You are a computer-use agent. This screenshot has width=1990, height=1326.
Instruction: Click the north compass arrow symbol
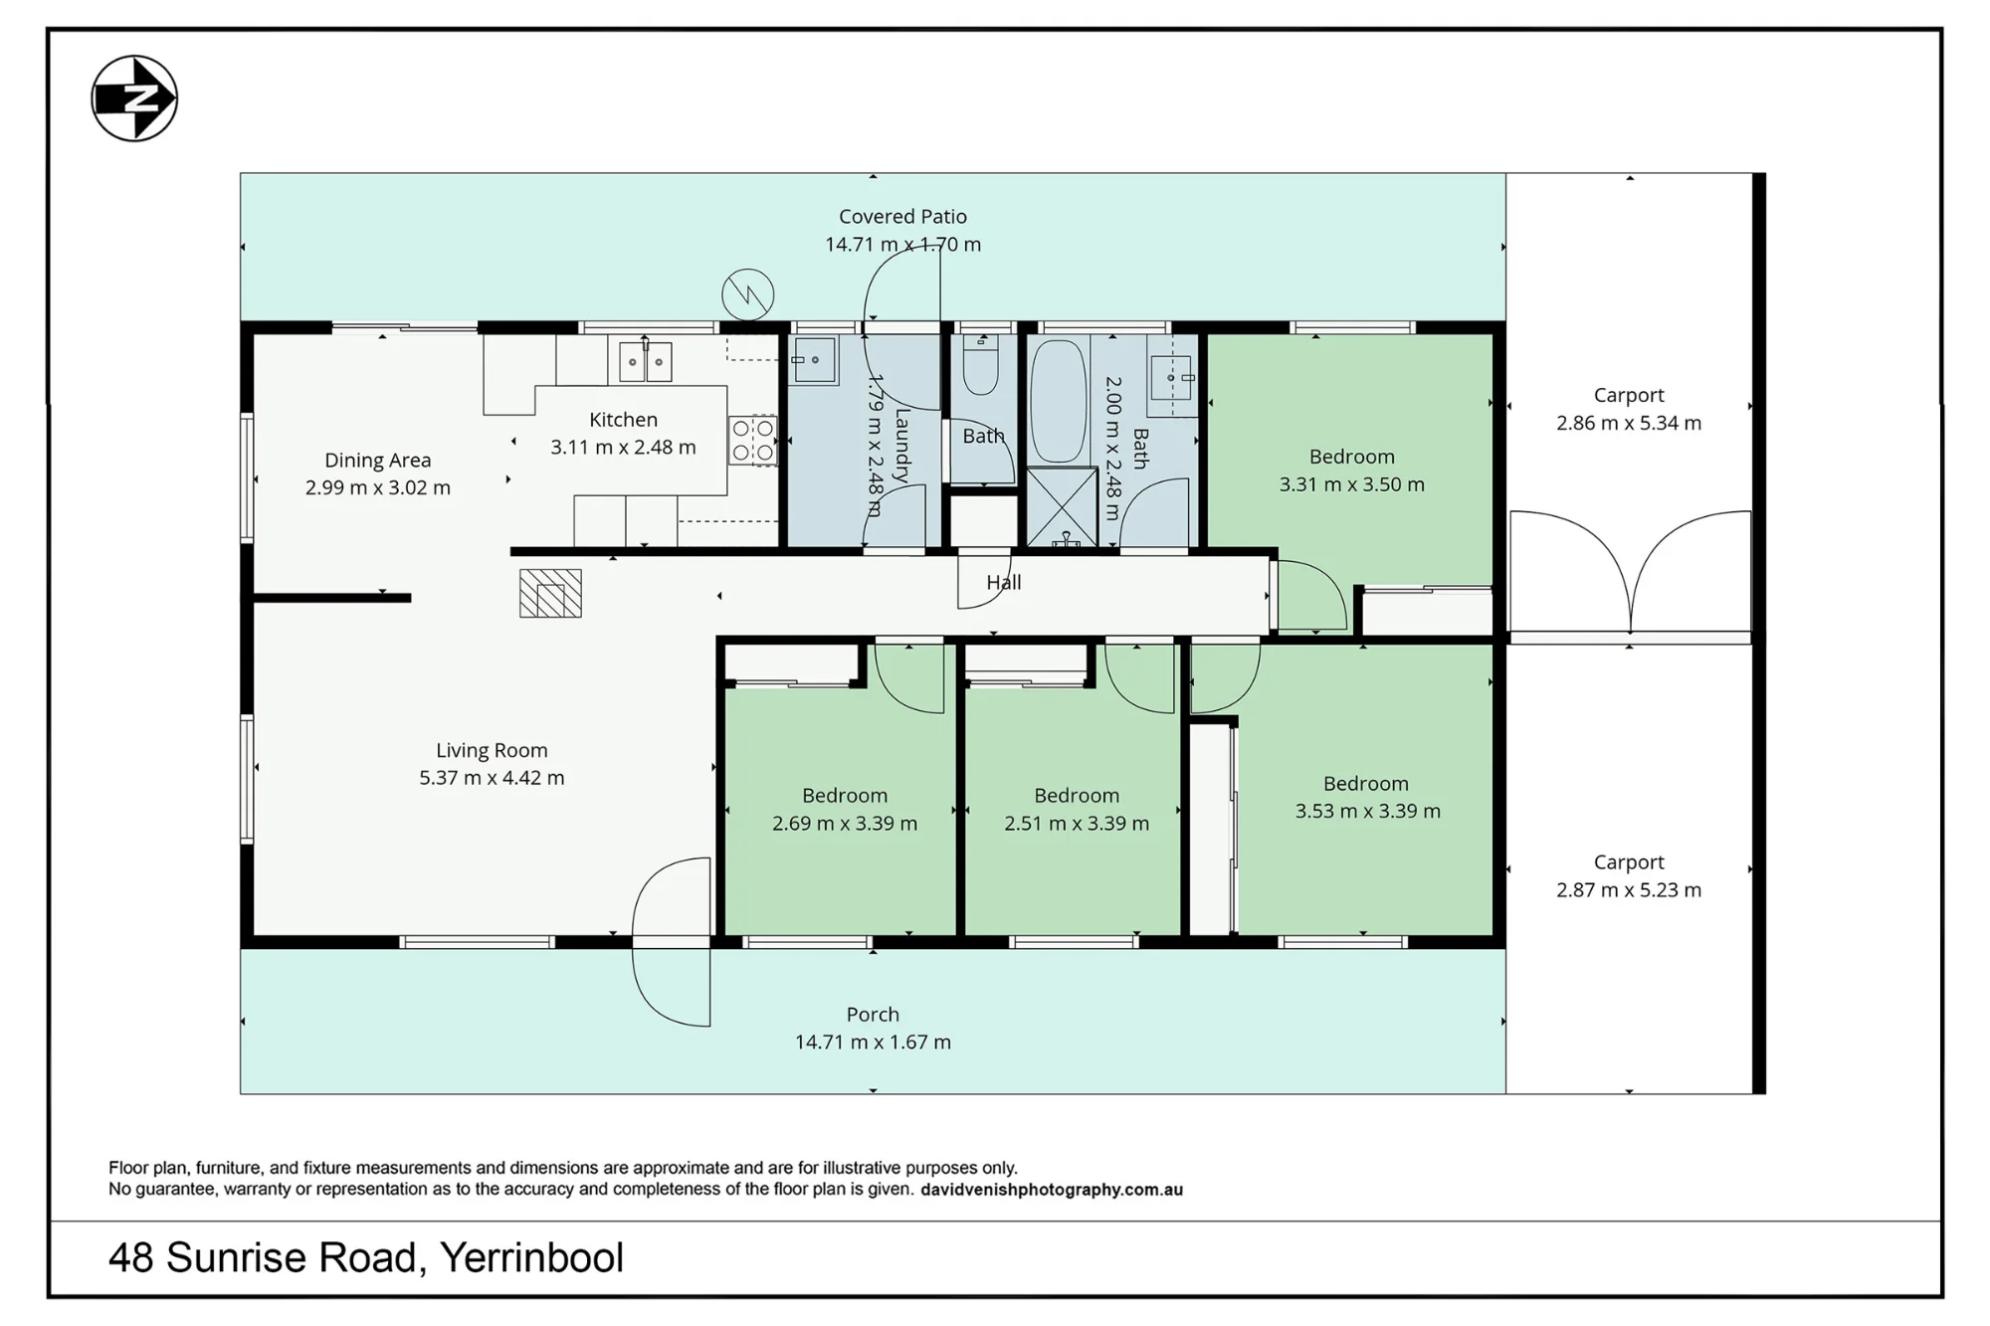coord(134,98)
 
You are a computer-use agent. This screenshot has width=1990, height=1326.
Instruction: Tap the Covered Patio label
coord(902,216)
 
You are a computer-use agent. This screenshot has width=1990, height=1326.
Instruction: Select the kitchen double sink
coord(645,362)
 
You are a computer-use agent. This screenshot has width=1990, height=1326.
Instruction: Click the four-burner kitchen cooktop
coord(752,441)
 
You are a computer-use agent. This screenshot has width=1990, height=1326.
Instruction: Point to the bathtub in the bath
coord(1059,402)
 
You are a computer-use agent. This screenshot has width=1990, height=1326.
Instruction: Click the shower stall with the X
coord(1061,507)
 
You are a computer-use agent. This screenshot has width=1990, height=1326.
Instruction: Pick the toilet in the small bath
coord(980,365)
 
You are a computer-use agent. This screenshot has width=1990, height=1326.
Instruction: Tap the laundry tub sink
coord(815,359)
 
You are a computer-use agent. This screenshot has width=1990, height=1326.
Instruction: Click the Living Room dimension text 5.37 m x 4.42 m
coord(492,778)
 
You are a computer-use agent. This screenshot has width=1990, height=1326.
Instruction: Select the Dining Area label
coord(377,460)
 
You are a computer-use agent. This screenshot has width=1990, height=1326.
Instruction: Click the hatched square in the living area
coord(550,593)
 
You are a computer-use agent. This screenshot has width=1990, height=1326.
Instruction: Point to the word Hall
coord(1004,582)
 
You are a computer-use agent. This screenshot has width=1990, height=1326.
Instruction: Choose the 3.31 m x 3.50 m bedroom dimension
coord(1351,484)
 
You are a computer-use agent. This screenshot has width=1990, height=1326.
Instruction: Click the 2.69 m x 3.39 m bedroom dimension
coord(845,823)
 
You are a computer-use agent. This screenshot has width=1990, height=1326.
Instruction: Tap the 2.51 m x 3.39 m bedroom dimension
coord(1077,823)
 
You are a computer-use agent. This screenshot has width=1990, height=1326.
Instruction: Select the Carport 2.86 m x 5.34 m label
coord(1629,409)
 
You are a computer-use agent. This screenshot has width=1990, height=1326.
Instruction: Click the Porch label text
coord(873,1014)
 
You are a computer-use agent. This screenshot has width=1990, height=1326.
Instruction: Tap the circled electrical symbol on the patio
coord(747,294)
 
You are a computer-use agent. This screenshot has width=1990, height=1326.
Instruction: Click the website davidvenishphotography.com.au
coord(1052,1189)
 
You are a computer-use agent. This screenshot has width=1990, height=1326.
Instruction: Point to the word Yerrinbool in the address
coord(531,1258)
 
